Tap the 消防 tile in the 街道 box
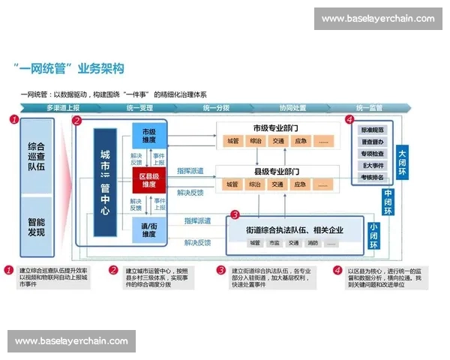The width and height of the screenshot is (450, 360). coord(313,242)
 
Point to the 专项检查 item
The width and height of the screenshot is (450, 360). coord(373,153)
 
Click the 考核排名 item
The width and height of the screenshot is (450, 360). coord(373,177)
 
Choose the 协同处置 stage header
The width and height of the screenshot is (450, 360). coord(292,108)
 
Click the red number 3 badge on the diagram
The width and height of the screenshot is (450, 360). coord(235,214)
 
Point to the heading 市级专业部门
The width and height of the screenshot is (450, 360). coord(277,127)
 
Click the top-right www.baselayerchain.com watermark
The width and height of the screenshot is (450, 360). coord(377,19)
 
